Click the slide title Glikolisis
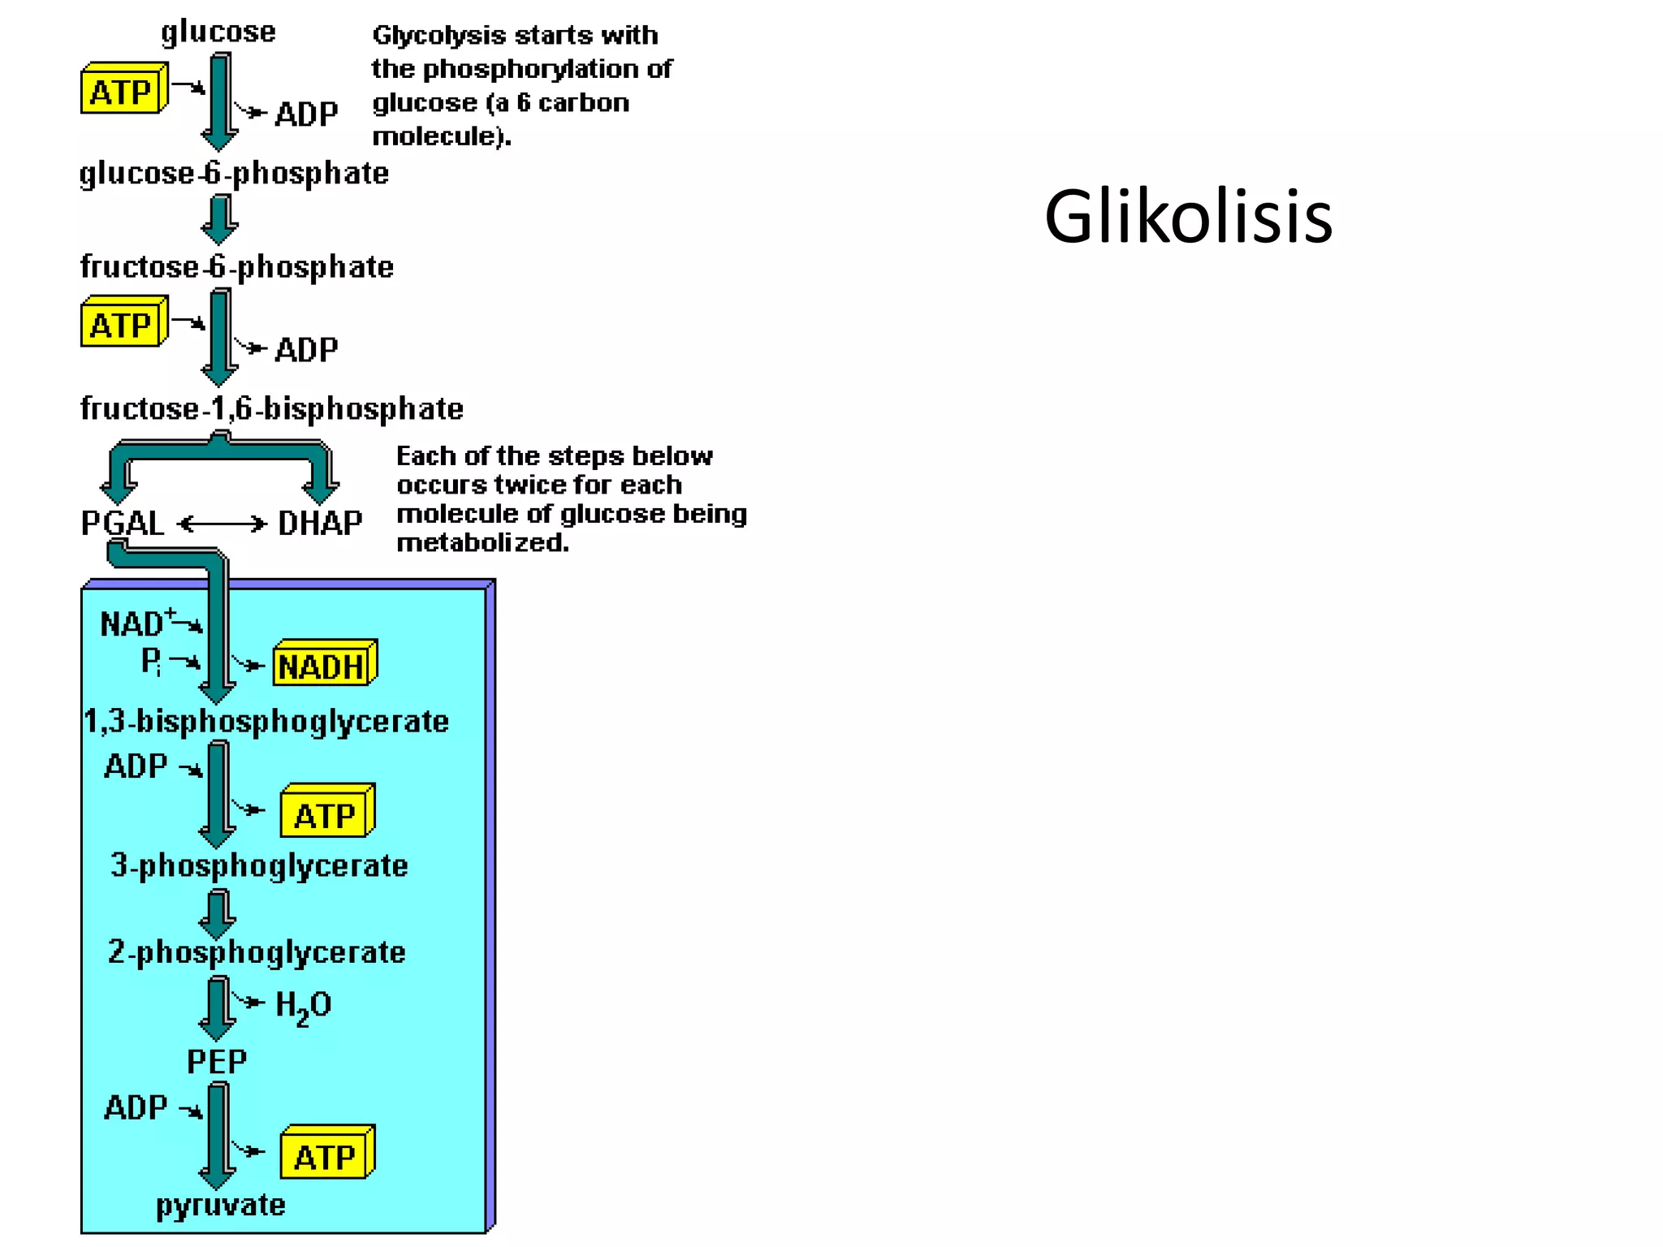[1188, 217]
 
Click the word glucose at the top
[218, 32]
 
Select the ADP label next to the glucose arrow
[305, 114]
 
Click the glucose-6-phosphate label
[234, 173]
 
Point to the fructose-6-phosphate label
[236, 266]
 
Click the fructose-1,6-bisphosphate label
[271, 408]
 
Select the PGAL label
[122, 523]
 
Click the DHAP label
[320, 523]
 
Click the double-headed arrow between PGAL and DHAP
[222, 524]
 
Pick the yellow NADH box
[322, 666]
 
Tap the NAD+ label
[135, 623]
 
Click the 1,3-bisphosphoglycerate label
[266, 721]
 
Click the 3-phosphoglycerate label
[259, 865]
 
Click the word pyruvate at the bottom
[220, 1205]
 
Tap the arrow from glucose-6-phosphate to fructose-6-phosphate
[219, 219]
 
